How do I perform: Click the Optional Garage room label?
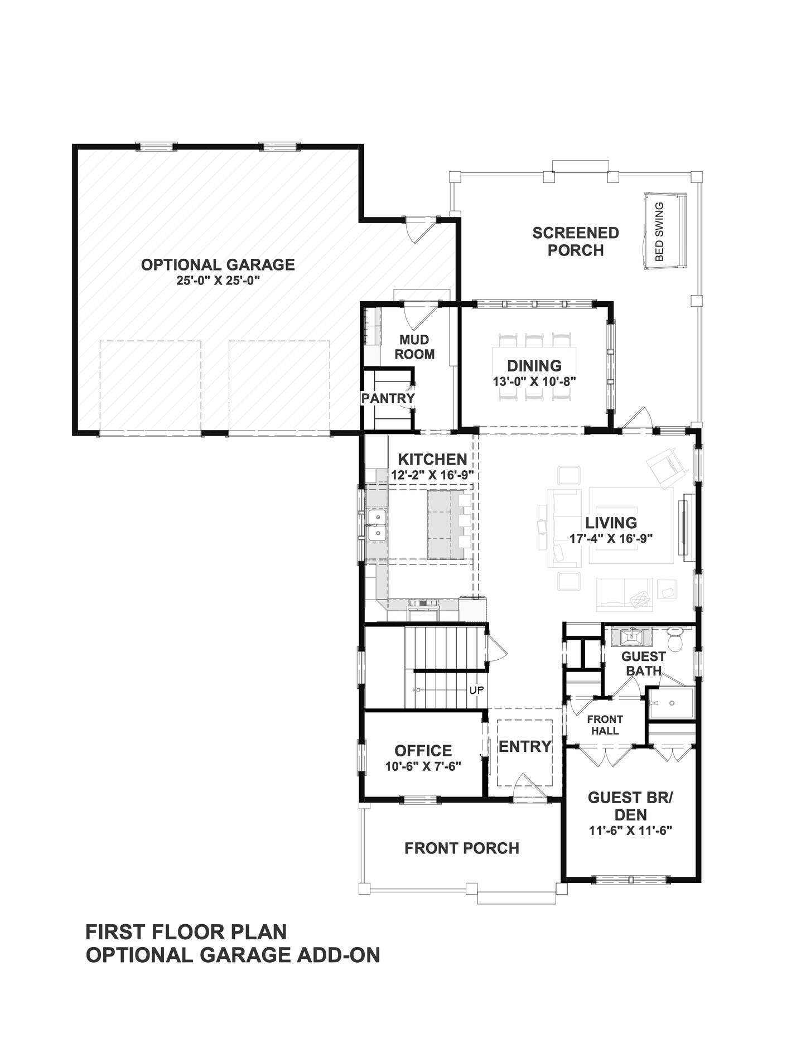click(218, 264)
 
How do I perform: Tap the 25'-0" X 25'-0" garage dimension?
click(219, 281)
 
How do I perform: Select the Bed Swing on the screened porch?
click(665, 231)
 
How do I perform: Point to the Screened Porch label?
click(576, 242)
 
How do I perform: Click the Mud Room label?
click(414, 347)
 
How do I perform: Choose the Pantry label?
click(388, 398)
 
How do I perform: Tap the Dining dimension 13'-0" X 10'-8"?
click(534, 382)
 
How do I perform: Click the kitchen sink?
click(378, 525)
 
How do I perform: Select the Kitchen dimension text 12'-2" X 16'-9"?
click(432, 475)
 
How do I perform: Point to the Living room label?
click(611, 523)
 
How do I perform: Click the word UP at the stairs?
click(476, 690)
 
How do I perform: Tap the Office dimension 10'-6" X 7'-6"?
click(423, 767)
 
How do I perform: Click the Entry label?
click(525, 746)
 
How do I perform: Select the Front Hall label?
click(605, 725)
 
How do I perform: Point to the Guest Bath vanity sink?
click(631, 636)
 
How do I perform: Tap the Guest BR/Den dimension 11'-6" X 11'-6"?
click(630, 830)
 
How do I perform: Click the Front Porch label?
click(462, 848)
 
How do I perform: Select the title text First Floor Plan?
click(186, 932)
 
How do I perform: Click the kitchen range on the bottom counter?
click(423, 610)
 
